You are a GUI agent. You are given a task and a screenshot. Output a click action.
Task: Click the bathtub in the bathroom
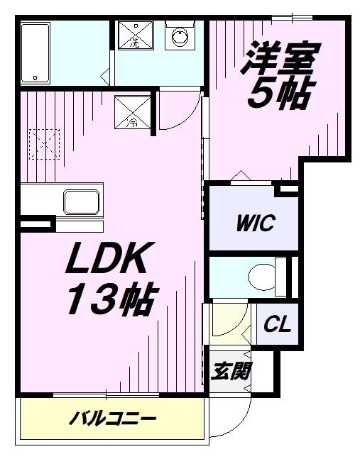tap(36, 53)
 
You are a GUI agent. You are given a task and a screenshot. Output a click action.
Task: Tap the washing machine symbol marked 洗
tap(135, 35)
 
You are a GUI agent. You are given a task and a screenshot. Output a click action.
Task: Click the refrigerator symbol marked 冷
tap(133, 112)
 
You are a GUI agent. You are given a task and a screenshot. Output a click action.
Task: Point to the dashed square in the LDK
tap(44, 144)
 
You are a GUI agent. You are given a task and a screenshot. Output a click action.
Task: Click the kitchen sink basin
tap(82, 202)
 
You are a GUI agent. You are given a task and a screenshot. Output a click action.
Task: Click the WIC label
tap(256, 223)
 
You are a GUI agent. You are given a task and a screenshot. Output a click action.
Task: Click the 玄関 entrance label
tap(231, 371)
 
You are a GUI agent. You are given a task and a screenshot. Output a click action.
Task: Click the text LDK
tap(110, 258)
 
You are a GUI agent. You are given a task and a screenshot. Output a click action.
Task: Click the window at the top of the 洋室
tap(292, 18)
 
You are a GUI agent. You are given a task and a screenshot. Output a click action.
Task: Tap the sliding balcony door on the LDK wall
tap(106, 394)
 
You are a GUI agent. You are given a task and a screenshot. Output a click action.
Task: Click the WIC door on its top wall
tap(251, 183)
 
